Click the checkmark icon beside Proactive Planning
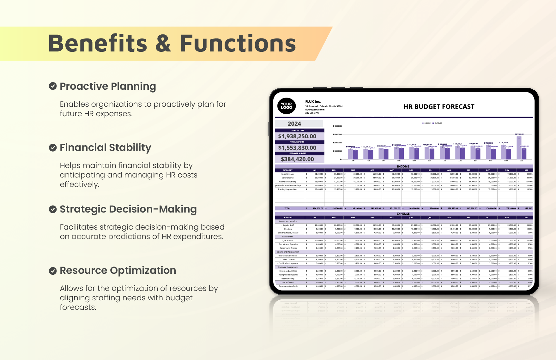click(x=53, y=86)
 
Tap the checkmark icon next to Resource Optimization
click(x=53, y=271)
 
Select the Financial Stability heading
click(x=105, y=147)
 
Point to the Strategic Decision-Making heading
click(x=128, y=209)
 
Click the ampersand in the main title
click(x=163, y=44)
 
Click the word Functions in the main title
click(x=238, y=44)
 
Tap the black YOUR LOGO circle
click(x=286, y=106)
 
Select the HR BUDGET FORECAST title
click(x=438, y=107)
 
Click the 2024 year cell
click(x=294, y=124)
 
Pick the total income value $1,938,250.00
click(x=297, y=136)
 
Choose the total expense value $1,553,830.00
click(x=297, y=148)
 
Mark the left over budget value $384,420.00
click(x=297, y=159)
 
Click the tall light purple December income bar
click(x=519, y=147)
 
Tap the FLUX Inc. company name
click(x=313, y=102)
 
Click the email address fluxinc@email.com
click(x=315, y=110)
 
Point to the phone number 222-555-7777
click(x=312, y=113)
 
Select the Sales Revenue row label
click(x=287, y=174)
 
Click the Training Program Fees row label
click(x=287, y=189)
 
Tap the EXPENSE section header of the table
click(x=403, y=214)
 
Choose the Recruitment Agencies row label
click(x=288, y=244)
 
